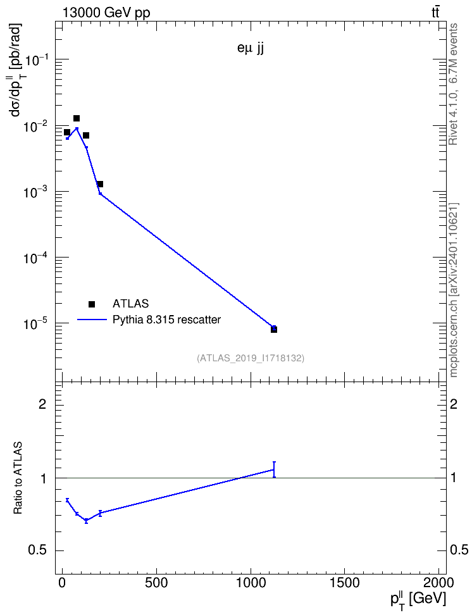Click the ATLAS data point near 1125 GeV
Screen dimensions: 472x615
pos(274,330)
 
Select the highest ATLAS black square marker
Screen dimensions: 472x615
pos(77,118)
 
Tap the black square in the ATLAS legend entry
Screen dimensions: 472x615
pos(92,304)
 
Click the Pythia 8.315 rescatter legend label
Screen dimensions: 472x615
pos(167,320)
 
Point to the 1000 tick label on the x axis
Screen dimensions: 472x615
pos(251,583)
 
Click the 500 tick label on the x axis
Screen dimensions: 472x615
pos(156,583)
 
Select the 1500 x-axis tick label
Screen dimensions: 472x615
pos(344,583)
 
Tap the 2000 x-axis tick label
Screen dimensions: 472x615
pos(438,583)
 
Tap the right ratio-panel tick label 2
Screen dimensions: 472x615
pos(453,404)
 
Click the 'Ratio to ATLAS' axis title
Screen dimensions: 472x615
pos(18,478)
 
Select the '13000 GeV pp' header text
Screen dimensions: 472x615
pos(106,13)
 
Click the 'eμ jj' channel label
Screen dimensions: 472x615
pos(251,49)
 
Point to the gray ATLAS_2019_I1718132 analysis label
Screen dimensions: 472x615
pos(251,357)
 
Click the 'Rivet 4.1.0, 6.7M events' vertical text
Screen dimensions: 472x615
pos(453,84)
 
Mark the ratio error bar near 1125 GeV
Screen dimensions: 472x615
pos(274,469)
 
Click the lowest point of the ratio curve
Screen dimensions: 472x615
pos(86,521)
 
